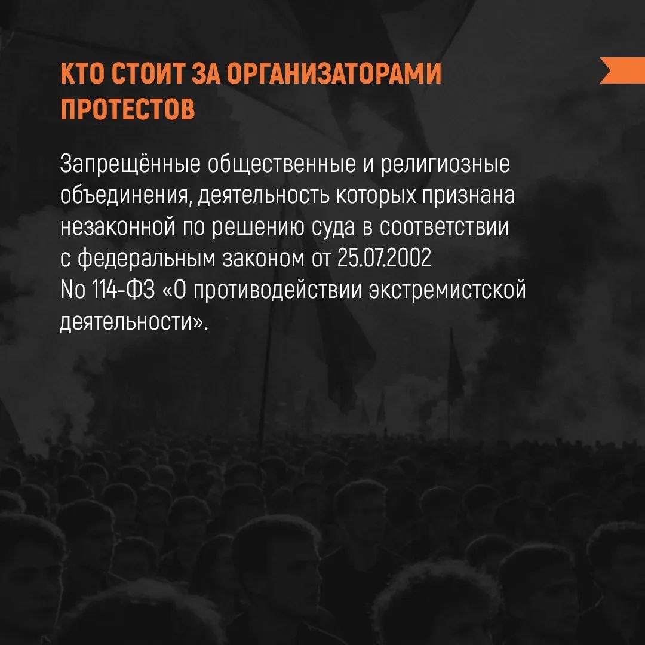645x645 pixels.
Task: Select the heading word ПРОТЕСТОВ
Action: pos(127,110)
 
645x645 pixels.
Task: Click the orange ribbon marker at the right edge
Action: pos(623,70)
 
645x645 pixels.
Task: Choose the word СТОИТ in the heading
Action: pos(149,77)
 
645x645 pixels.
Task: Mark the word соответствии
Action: pos(445,228)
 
